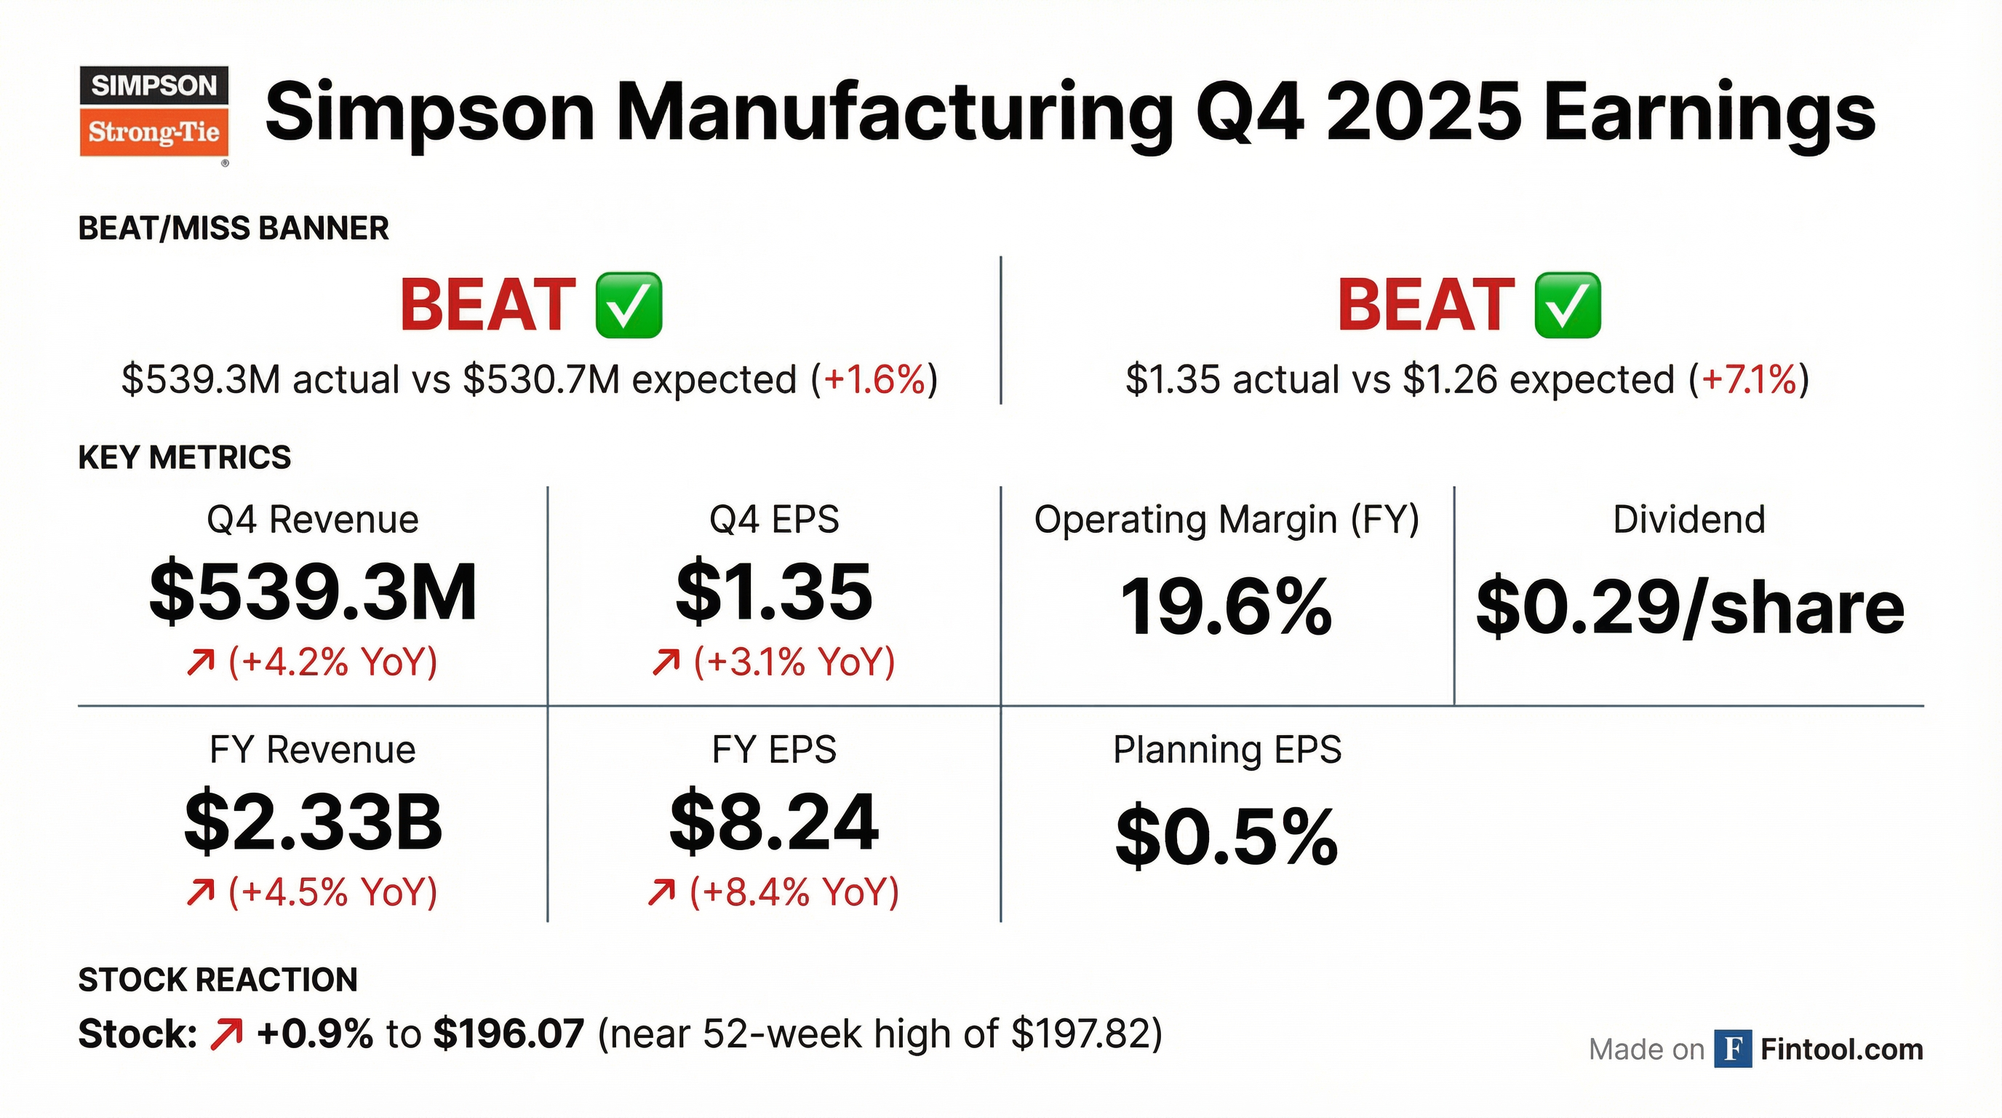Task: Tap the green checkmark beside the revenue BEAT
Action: tap(628, 305)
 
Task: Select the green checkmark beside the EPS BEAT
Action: tap(1567, 305)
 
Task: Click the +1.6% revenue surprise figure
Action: tap(874, 380)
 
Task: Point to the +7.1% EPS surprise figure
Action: tap(1749, 380)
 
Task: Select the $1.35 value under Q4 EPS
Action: tap(774, 593)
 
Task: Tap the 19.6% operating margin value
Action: tap(1227, 608)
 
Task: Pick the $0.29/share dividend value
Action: tap(1690, 608)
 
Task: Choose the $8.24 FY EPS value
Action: tap(774, 822)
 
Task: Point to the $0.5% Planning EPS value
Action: tap(1227, 837)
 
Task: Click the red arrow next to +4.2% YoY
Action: tap(200, 662)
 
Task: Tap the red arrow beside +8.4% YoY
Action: tap(661, 892)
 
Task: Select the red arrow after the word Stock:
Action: tap(226, 1034)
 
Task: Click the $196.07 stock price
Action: tap(509, 1034)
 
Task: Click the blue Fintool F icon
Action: tap(1732, 1050)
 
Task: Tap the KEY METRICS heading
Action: tap(185, 457)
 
